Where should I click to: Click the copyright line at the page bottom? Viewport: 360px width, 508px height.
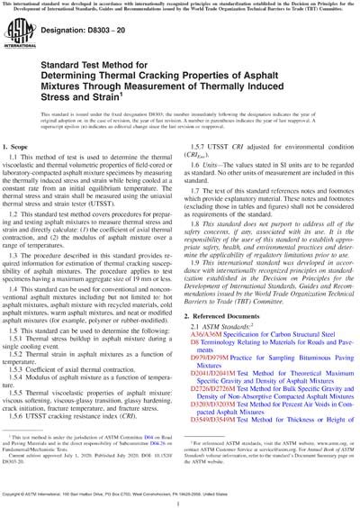point(180,501)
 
